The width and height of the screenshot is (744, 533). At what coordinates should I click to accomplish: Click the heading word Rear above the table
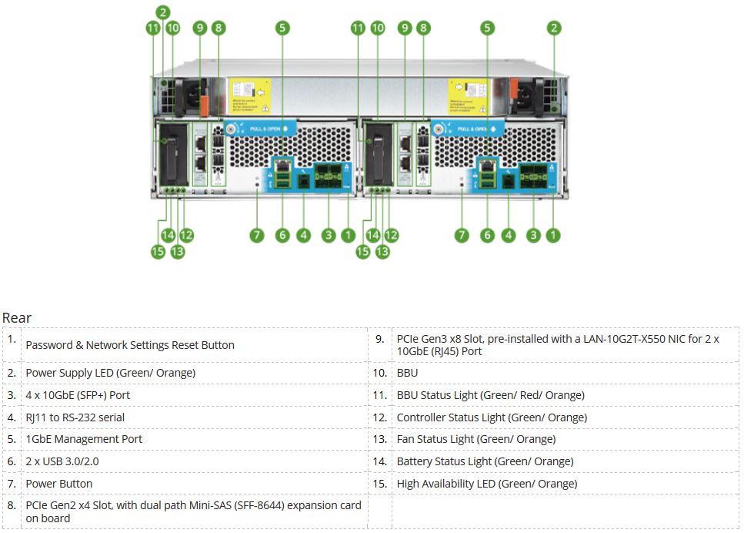click(17, 317)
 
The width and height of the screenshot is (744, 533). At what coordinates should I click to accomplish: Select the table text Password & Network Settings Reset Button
click(130, 345)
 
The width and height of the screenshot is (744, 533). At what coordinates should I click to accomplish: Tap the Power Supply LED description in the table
click(110, 373)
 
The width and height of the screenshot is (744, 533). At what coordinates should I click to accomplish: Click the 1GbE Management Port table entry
click(84, 439)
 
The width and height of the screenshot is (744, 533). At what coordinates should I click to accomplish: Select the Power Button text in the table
click(59, 484)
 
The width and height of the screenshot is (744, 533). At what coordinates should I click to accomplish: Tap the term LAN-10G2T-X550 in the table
click(619, 339)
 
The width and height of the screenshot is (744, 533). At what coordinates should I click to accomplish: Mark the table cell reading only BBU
click(407, 373)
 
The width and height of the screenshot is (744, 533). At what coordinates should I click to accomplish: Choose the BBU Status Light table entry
click(490, 395)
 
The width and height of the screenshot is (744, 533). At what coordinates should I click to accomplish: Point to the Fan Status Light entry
click(475, 439)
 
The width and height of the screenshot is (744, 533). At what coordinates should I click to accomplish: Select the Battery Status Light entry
click(485, 461)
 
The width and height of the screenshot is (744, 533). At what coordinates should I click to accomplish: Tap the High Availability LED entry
click(486, 484)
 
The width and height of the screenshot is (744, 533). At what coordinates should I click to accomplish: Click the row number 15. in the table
click(379, 483)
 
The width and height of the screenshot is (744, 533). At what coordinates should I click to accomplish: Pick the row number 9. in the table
click(379, 338)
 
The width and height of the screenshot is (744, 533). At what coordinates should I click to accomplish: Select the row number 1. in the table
click(12, 338)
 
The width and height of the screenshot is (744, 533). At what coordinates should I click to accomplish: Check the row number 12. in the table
click(379, 417)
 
